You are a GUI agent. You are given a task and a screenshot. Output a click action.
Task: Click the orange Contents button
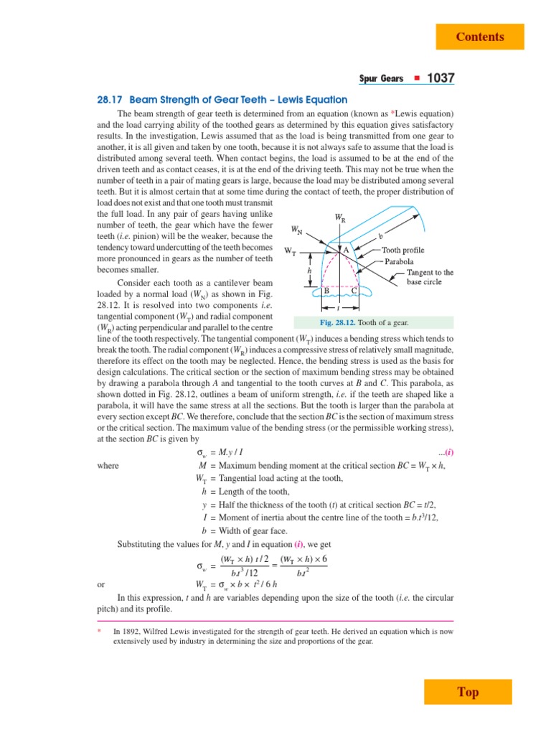[480, 37]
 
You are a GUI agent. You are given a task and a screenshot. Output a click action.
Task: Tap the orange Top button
[468, 692]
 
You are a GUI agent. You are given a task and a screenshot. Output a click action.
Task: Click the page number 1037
[441, 78]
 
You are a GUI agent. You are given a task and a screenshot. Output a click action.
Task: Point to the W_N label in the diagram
[296, 230]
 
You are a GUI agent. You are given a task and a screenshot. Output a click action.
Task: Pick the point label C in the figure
[354, 290]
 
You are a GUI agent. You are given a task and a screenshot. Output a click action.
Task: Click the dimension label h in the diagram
[309, 272]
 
